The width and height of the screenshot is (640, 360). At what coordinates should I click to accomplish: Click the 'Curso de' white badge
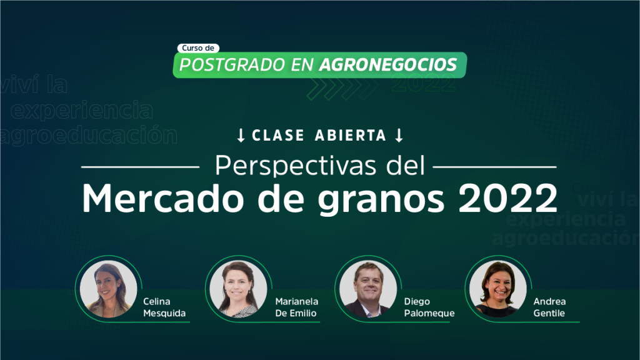click(198, 48)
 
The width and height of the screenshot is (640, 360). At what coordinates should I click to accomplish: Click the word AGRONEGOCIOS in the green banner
click(388, 65)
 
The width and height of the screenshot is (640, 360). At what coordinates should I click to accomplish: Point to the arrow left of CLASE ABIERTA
click(241, 136)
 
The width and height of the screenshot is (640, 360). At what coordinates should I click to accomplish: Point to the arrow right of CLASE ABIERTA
click(399, 136)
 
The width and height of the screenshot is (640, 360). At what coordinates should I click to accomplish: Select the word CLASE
click(278, 136)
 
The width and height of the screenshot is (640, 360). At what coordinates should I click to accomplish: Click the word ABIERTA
click(351, 136)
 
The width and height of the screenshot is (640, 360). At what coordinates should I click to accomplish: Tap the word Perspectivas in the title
click(296, 166)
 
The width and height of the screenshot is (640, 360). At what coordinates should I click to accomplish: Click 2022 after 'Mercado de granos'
click(508, 198)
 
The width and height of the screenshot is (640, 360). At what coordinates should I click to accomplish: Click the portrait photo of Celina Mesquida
click(109, 289)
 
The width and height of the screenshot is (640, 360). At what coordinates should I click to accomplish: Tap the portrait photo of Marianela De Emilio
click(238, 289)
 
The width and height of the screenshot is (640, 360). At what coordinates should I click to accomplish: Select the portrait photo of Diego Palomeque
click(368, 289)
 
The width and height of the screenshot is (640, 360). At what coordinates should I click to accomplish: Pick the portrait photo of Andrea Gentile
click(498, 289)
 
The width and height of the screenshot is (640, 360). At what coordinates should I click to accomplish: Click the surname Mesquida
click(164, 313)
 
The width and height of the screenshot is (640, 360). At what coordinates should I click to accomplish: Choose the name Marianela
click(297, 301)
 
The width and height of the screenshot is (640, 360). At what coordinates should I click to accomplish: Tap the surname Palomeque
click(429, 314)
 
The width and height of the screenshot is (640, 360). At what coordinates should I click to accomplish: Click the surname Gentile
click(549, 313)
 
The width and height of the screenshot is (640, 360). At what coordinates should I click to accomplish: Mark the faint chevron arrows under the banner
click(342, 89)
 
